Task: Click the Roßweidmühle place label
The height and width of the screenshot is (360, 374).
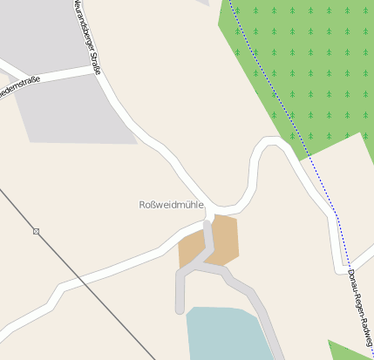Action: coord(171,205)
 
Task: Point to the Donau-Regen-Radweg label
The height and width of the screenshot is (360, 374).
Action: coord(358,305)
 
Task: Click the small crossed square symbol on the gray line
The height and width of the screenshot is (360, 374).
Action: coord(36,231)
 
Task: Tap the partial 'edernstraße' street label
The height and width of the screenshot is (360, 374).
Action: coord(17,88)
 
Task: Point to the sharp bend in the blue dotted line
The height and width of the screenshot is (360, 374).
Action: coord(337,214)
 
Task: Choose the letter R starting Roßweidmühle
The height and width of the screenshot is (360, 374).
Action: coord(143,205)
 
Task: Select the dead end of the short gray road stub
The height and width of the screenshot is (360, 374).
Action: coord(180,309)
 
